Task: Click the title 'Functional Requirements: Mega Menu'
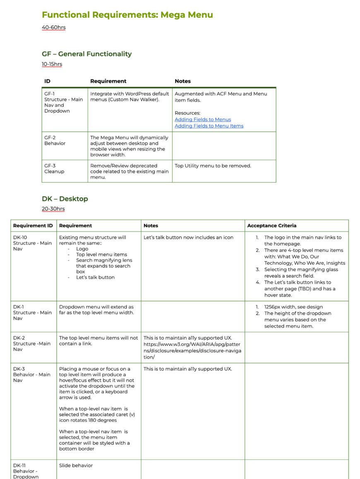click(127, 15)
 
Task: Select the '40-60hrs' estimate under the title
click(54, 28)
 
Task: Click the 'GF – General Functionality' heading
click(86, 54)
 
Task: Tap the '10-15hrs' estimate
click(52, 64)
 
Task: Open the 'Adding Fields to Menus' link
click(203, 120)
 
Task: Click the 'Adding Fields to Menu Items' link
click(209, 126)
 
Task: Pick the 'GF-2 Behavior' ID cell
click(55, 140)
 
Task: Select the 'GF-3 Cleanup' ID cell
click(54, 168)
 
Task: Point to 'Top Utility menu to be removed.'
click(213, 166)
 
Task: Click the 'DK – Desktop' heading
click(65, 199)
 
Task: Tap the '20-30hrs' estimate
click(53, 209)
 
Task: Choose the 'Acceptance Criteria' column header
click(271, 226)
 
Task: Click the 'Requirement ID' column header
click(33, 226)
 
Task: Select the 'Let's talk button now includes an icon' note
click(188, 237)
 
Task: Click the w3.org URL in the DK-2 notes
click(192, 350)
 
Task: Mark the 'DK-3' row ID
click(19, 369)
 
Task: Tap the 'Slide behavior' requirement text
click(76, 465)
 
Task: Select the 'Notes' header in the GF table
click(182, 81)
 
